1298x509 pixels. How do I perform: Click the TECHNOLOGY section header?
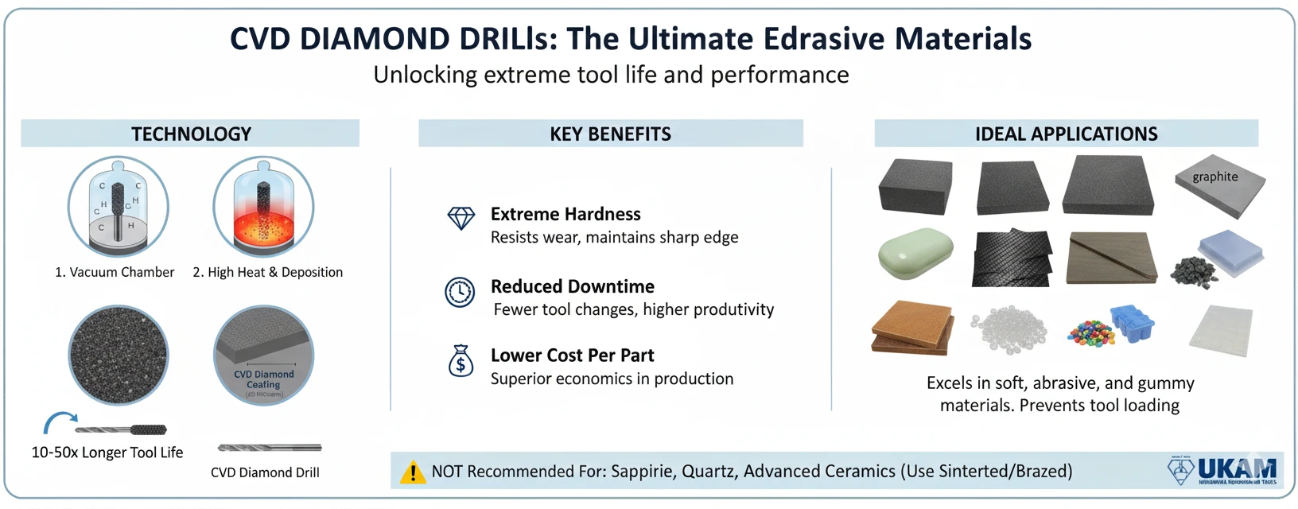[191, 134]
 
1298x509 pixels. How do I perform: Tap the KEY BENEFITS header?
[610, 134]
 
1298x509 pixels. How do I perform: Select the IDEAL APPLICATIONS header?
[1066, 134]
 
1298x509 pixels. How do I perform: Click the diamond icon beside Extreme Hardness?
[461, 218]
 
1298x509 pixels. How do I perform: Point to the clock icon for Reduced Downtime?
[460, 292]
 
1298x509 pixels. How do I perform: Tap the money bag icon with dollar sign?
[461, 360]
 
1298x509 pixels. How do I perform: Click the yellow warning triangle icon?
[412, 472]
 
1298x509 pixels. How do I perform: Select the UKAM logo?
[1224, 470]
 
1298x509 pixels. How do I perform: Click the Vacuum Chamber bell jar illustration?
[118, 207]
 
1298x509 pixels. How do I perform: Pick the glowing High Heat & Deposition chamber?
[263, 207]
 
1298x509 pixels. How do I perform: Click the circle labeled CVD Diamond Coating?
[263, 356]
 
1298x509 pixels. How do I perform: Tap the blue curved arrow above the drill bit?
[60, 422]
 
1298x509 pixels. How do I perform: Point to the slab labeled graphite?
[1219, 187]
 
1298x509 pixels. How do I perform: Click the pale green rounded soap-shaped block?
[915, 253]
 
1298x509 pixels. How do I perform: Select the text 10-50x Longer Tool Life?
[107, 453]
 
